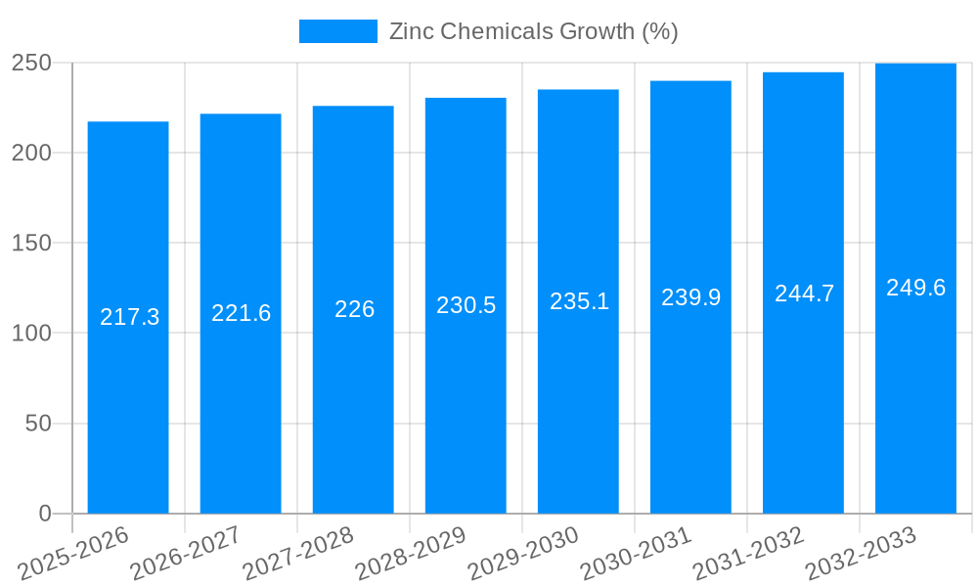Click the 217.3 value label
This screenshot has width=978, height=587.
point(129,317)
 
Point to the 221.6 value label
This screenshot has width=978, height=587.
point(241,313)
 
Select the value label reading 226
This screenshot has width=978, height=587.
point(354,309)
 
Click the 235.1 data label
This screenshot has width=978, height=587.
point(579,301)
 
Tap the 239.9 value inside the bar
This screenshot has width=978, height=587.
point(690,297)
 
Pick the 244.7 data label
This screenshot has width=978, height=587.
point(804,293)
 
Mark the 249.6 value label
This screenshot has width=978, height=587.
point(915,288)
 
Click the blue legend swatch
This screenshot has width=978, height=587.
point(337,31)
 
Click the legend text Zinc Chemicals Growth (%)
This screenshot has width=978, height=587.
point(533,31)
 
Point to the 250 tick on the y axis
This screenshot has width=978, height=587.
point(31,63)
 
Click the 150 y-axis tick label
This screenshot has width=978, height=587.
point(31,243)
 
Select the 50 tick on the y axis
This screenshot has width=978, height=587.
point(38,424)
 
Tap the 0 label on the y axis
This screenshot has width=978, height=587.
point(45,514)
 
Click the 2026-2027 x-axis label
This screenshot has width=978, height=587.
point(186,554)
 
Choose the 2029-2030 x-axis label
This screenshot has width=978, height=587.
point(523,554)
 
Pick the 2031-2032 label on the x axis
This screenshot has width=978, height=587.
point(748,554)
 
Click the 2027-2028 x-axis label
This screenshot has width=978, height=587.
point(298,554)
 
